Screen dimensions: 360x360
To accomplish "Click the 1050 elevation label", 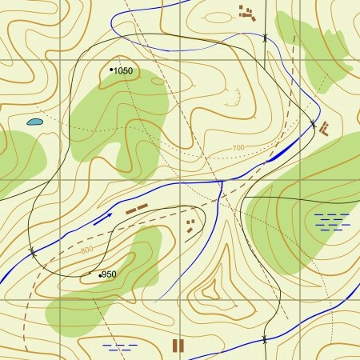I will [123, 71].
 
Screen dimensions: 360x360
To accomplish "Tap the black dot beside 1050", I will [111, 70].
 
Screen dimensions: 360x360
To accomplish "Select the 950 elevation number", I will [110, 274].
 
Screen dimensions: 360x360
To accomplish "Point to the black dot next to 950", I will [100, 275].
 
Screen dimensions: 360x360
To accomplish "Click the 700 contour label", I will [238, 148].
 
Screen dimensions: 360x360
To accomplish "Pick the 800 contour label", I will [86, 251].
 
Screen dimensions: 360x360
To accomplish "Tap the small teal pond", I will [34, 122].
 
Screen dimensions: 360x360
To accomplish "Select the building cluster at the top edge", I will [247, 11].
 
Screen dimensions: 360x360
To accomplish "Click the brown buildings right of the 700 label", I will [324, 129].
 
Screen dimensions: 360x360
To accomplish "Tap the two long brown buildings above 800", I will [137, 210].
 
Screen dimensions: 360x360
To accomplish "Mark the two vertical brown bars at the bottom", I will [178, 345].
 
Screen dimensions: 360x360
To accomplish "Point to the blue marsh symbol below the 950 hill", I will [120, 347].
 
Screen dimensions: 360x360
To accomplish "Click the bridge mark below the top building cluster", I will [264, 38].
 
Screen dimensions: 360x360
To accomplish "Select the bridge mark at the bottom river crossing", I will [264, 340].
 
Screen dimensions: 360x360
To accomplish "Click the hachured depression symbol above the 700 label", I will [232, 100].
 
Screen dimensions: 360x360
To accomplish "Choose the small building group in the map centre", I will [190, 225].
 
